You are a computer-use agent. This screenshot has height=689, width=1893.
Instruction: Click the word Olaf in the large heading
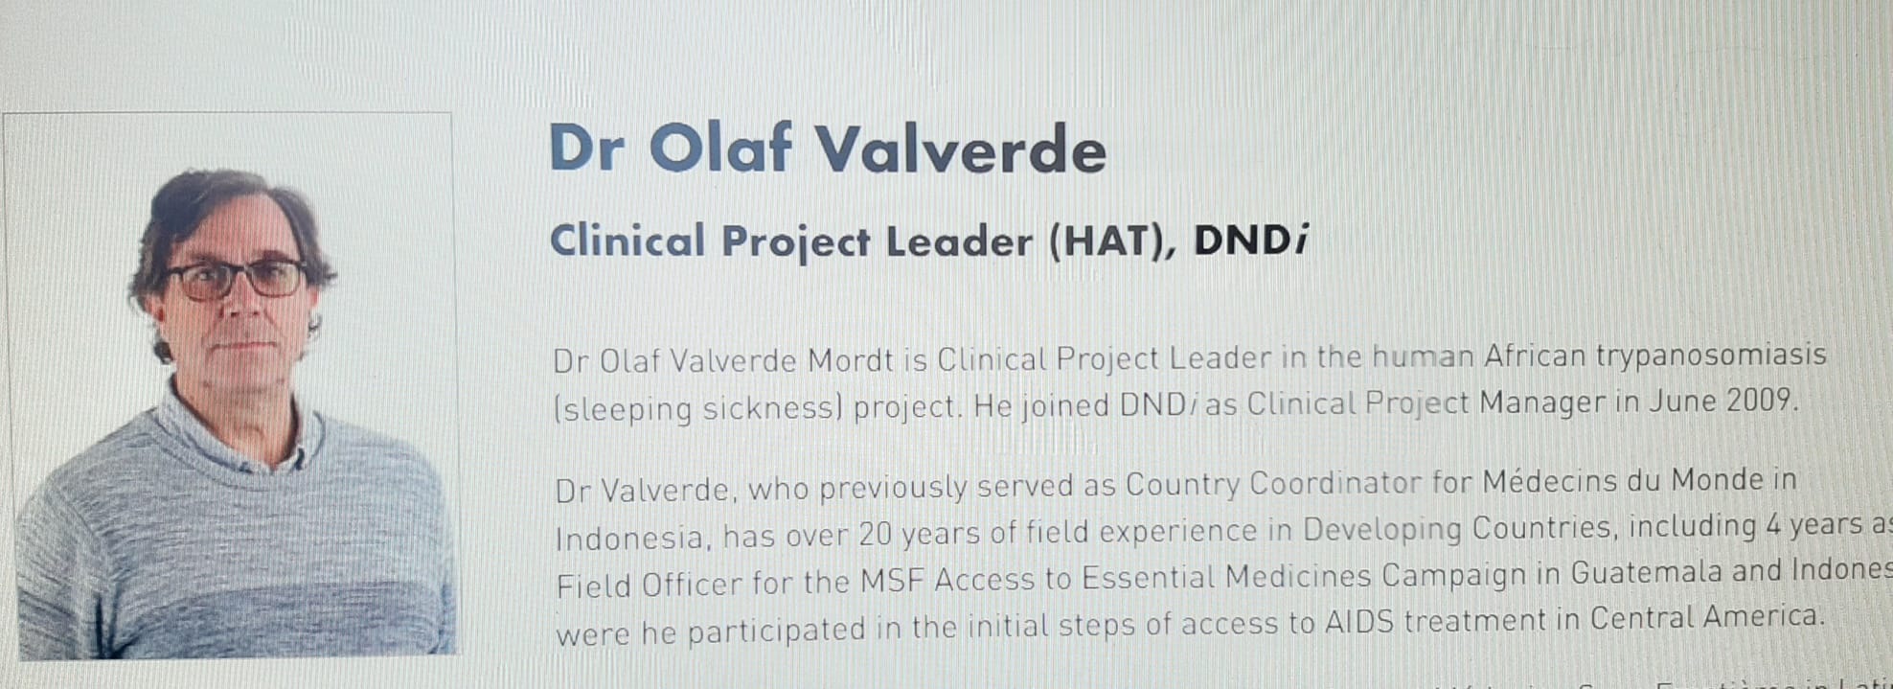click(720, 149)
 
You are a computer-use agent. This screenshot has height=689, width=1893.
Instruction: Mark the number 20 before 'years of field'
click(876, 534)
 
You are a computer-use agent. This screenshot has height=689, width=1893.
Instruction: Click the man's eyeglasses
click(235, 279)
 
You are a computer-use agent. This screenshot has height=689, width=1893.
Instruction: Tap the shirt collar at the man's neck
click(278, 450)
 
